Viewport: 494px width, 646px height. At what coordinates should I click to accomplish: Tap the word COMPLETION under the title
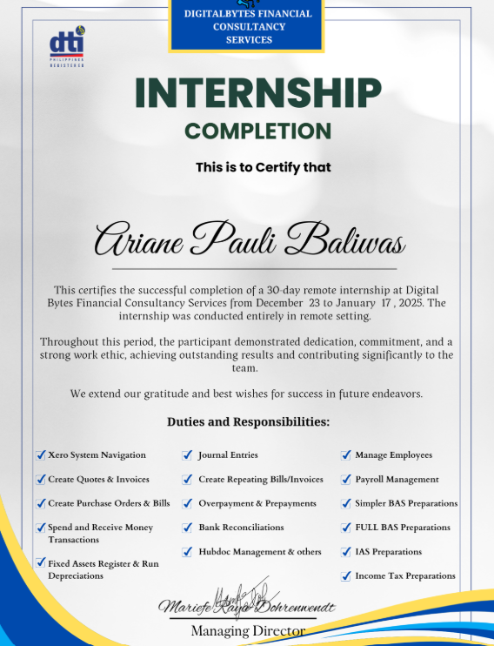pos(258,131)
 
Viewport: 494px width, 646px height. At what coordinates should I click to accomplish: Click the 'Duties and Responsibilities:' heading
pos(248,422)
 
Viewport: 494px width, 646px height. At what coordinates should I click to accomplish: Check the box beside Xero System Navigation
pos(41,454)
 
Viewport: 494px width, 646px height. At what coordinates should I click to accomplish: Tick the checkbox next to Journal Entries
pos(188,454)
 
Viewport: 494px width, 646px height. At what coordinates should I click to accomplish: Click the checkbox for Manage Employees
pos(345,454)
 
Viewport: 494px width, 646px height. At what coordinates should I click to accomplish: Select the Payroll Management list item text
pos(397,479)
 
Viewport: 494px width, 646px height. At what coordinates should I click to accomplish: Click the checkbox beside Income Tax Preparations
pos(345,575)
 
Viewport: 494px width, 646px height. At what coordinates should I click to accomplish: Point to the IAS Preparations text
pos(388,551)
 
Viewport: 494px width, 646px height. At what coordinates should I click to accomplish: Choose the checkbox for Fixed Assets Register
pos(41,563)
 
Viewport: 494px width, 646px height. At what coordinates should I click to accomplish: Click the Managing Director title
pos(248,630)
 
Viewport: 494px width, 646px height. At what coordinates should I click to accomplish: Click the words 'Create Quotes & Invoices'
pos(98,479)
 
